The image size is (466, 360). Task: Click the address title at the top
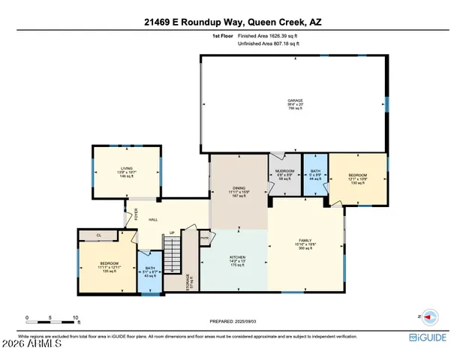click(x=233, y=22)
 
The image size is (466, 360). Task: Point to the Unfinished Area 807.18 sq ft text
click(x=268, y=44)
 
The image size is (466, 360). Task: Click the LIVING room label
click(x=126, y=170)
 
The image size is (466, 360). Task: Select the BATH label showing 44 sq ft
click(x=315, y=172)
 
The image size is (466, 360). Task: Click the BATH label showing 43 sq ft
click(x=150, y=268)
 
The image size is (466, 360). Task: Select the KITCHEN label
click(x=237, y=259)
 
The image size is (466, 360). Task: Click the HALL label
click(x=152, y=219)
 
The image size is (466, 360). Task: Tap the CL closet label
click(x=99, y=235)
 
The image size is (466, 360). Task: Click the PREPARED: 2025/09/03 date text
click(x=233, y=320)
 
